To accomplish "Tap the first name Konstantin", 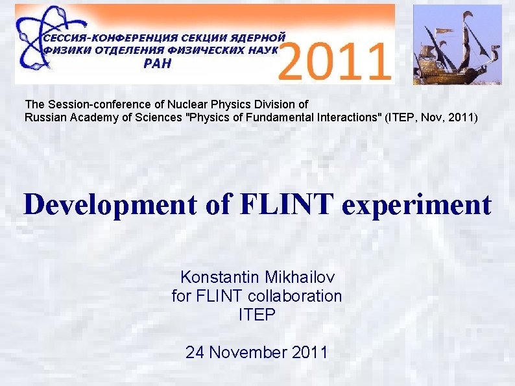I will pyautogui.click(x=221, y=278).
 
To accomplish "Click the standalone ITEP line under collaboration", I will pyautogui.click(x=257, y=315).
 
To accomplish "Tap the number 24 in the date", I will pyautogui.click(x=195, y=353).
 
